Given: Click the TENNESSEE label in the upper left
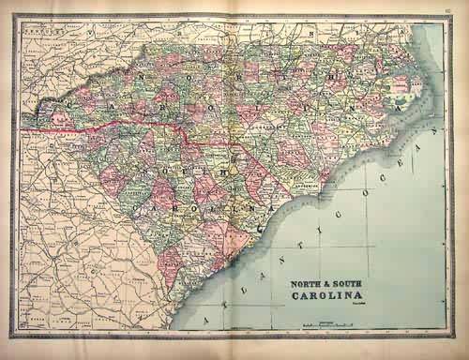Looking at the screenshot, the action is pos(38,29).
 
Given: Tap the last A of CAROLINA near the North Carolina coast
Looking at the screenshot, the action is pos(401,110).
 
